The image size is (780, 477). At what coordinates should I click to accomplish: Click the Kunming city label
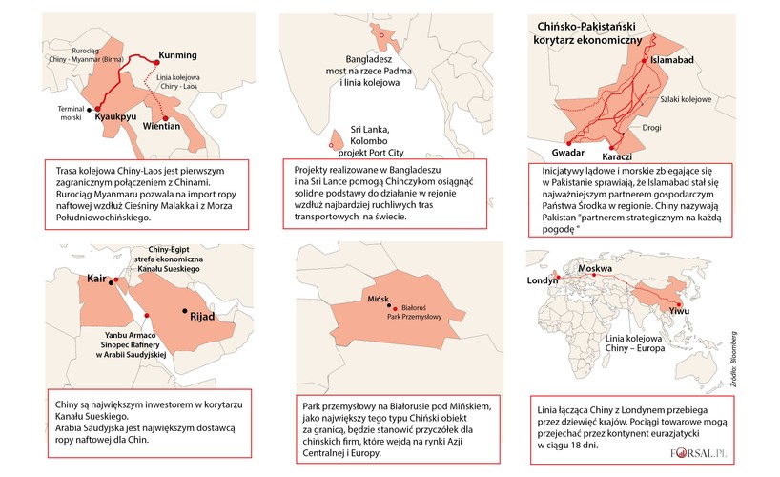[x=177, y=53]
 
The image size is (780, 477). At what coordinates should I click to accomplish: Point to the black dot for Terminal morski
[x=90, y=110]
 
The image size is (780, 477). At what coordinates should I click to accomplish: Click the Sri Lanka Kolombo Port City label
[x=384, y=139]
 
